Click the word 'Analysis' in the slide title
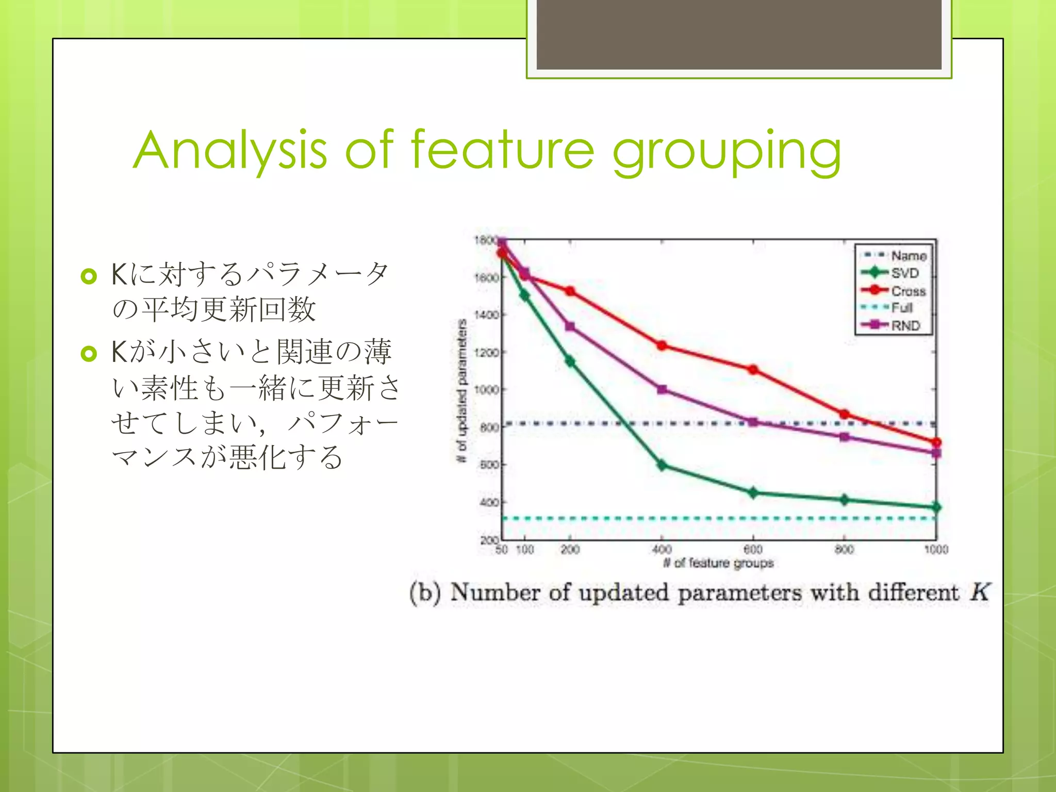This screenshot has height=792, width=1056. tap(230, 151)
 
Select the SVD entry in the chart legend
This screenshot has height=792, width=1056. tap(905, 273)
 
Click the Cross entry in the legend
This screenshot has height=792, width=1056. tap(908, 291)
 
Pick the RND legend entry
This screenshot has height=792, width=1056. tap(905, 325)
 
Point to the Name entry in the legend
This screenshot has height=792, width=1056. tap(909, 255)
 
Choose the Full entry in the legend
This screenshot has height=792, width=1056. tap(902, 308)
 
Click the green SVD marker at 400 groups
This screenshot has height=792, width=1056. tap(662, 465)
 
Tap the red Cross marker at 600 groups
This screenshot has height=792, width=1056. tap(753, 370)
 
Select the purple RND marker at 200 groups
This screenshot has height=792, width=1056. tap(570, 326)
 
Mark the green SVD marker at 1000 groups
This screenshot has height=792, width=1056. tap(936, 507)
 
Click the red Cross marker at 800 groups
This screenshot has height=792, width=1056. tap(845, 414)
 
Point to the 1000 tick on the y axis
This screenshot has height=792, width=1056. tap(486, 390)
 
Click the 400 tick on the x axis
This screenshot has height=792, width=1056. tap(662, 550)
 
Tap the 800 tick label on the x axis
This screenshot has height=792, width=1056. tap(844, 550)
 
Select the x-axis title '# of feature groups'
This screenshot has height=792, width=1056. tap(718, 563)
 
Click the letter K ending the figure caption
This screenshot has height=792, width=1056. tap(979, 592)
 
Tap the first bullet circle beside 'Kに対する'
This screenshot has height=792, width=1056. tap(89, 276)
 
